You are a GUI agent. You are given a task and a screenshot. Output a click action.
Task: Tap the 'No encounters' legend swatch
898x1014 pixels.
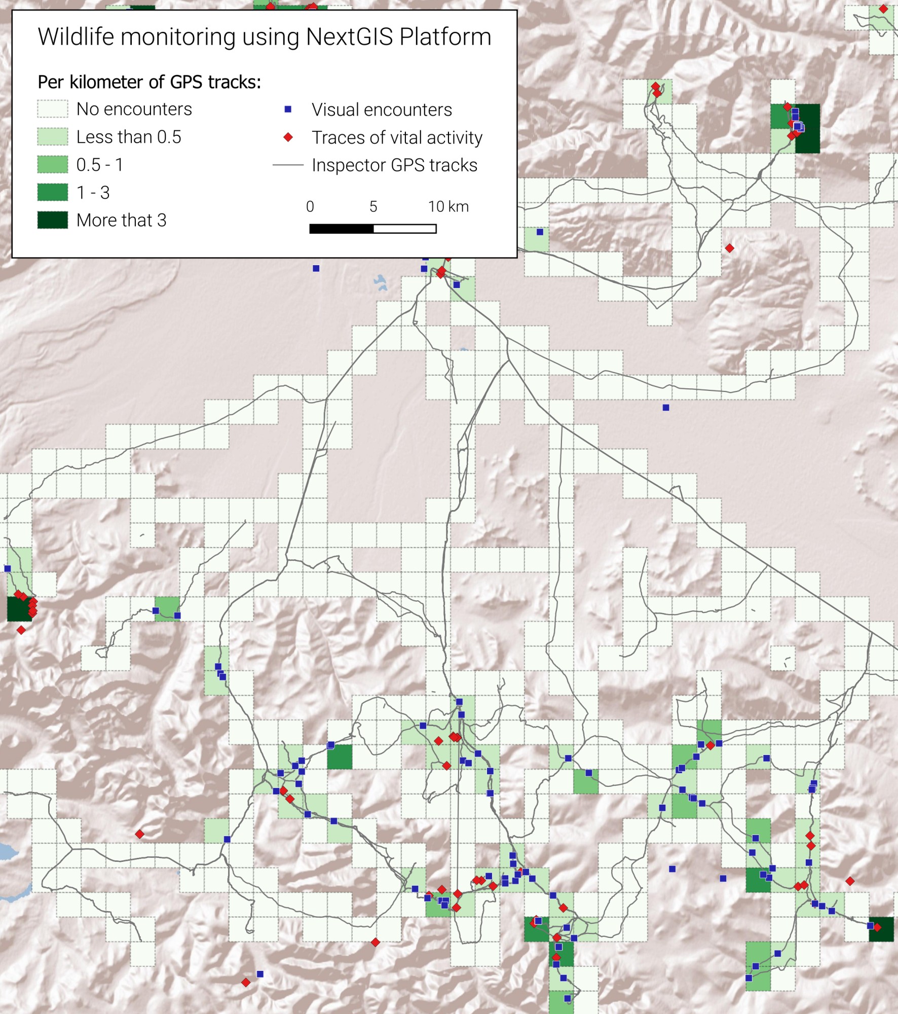pyautogui.click(x=52, y=109)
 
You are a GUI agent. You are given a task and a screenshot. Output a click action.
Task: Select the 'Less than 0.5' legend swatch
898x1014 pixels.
pyautogui.click(x=52, y=137)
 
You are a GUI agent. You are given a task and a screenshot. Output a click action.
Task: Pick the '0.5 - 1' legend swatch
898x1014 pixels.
pyautogui.click(x=52, y=165)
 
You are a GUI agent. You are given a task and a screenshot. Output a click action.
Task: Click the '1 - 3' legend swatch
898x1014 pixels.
pyautogui.click(x=52, y=192)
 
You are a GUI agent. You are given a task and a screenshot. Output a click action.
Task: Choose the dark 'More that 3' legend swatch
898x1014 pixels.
pyautogui.click(x=52, y=220)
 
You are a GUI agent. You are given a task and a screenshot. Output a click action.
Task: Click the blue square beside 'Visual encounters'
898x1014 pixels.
pyautogui.click(x=288, y=110)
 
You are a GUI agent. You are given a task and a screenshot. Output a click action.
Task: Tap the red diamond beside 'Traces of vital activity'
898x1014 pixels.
pyautogui.click(x=288, y=137)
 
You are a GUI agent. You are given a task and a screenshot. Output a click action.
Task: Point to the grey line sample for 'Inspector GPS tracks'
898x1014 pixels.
pyautogui.click(x=288, y=165)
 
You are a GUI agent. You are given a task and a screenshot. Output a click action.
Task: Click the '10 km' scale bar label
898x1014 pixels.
pyautogui.click(x=448, y=206)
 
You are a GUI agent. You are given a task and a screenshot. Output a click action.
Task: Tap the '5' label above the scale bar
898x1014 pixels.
pyautogui.click(x=373, y=206)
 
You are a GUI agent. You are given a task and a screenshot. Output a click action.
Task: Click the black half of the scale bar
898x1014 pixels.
pyautogui.click(x=341, y=229)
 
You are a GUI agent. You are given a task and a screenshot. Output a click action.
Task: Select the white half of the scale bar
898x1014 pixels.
pyautogui.click(x=405, y=229)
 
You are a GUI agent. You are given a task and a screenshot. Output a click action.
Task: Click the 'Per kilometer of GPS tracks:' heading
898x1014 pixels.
pyautogui.click(x=149, y=82)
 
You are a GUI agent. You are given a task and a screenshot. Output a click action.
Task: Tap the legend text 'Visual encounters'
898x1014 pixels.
pyautogui.click(x=382, y=110)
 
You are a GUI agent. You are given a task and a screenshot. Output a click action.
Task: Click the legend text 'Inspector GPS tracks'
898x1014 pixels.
pyautogui.click(x=394, y=165)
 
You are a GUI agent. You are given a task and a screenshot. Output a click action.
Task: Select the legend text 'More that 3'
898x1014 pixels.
pyautogui.click(x=121, y=220)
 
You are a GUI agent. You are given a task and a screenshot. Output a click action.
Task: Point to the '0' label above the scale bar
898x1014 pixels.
pyautogui.click(x=310, y=206)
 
